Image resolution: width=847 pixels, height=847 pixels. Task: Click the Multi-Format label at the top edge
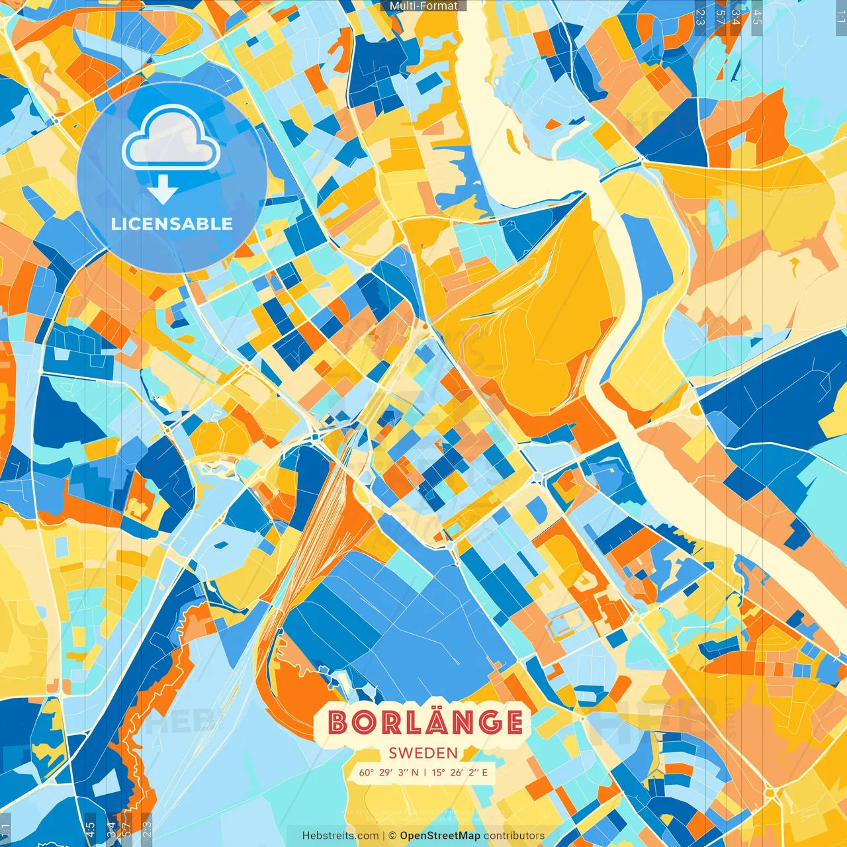click(423, 6)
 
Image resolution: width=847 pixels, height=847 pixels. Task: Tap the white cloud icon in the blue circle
click(171, 139)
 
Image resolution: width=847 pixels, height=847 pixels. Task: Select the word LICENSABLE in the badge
click(172, 224)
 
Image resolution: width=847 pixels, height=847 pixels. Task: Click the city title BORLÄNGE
click(425, 723)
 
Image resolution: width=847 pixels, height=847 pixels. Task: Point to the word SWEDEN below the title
click(423, 753)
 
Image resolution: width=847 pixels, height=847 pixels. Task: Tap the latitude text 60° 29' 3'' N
click(389, 772)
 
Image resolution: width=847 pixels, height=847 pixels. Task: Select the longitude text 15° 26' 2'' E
click(460, 772)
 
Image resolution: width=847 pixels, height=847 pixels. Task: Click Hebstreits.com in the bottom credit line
click(341, 836)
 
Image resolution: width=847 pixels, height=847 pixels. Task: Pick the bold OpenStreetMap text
click(440, 836)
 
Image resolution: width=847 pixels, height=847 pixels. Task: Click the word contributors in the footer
click(514, 836)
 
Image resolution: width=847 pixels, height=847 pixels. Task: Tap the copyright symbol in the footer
click(392, 836)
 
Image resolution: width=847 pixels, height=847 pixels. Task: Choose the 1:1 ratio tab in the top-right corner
click(840, 15)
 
